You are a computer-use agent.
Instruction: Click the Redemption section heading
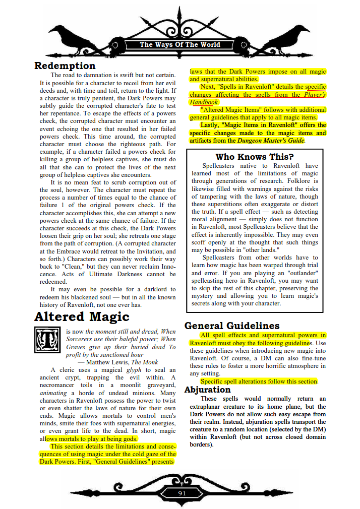point(65,66)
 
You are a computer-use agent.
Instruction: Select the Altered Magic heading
point(82,317)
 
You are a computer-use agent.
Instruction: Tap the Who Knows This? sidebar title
point(254,157)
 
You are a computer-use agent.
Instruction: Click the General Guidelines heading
point(232,326)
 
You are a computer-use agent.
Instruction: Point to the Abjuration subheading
point(207,390)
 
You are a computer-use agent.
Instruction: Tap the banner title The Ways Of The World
point(180,45)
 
